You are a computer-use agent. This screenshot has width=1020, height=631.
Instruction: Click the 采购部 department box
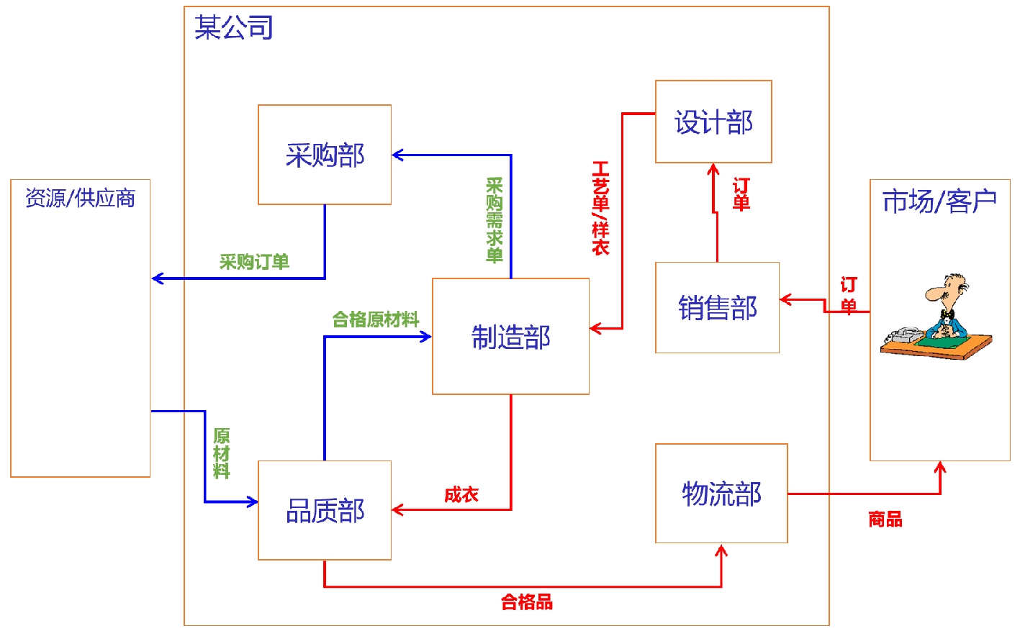pos(325,155)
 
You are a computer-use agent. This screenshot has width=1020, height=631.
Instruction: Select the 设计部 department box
pos(713,122)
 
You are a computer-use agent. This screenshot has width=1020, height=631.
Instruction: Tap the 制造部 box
pos(510,336)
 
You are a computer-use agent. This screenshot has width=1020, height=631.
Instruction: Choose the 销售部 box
pos(717,307)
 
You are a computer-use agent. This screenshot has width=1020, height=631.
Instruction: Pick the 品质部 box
pos(325,510)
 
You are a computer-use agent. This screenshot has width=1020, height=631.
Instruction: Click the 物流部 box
pos(721,494)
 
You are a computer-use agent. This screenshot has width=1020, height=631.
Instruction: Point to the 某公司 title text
pos(234,27)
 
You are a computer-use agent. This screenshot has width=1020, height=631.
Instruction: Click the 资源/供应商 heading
pos(81,198)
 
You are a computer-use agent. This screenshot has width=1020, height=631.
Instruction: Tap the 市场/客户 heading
pos(939,201)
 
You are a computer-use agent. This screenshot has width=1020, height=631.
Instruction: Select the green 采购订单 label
pos(254,262)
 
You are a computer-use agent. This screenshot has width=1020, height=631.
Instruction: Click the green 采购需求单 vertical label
pos(494,220)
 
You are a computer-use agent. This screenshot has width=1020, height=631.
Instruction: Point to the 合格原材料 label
pos(375,319)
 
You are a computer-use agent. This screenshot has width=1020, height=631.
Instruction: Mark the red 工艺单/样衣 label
pos(600,208)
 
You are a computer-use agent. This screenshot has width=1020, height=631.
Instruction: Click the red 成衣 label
pos(461,494)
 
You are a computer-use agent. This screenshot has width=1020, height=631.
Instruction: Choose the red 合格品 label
pos(527,602)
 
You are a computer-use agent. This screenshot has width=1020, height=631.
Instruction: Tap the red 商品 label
pos(885,519)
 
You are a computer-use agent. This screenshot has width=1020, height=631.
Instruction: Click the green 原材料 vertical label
pos(221,453)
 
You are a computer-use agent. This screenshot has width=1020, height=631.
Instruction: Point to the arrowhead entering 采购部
pos(397,155)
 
